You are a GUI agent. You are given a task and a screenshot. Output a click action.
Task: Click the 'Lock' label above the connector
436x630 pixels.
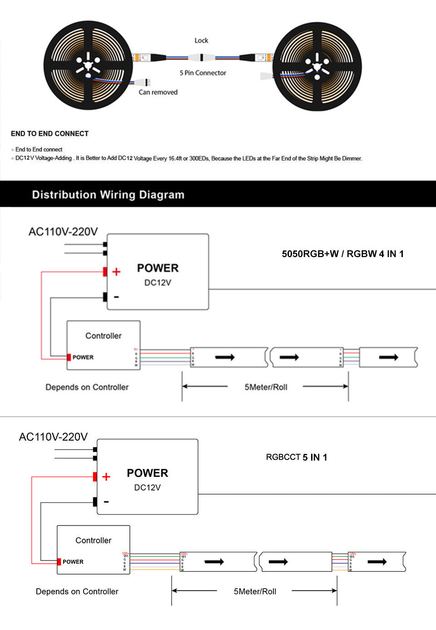(x=201, y=40)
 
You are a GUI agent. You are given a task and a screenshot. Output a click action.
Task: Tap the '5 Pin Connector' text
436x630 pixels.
(x=203, y=73)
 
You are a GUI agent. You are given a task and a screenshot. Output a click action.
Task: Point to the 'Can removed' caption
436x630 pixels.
(x=158, y=92)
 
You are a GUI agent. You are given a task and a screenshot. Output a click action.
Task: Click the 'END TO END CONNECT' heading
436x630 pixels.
(x=50, y=134)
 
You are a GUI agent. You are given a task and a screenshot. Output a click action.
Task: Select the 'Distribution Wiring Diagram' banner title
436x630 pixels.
(x=108, y=195)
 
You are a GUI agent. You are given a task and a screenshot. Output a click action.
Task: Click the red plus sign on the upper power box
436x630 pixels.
(x=116, y=272)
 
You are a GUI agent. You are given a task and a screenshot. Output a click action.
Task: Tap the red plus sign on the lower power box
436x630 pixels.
(x=106, y=476)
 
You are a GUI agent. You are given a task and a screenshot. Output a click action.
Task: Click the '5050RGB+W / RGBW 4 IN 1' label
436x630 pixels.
(x=342, y=254)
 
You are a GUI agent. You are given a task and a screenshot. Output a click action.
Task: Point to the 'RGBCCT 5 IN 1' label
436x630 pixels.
(x=297, y=457)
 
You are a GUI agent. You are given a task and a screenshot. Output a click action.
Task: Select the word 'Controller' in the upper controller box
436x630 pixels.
(x=104, y=336)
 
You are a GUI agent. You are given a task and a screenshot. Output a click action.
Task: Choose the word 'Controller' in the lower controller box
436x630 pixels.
(x=94, y=540)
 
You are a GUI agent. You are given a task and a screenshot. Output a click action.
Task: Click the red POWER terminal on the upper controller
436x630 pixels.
(x=69, y=357)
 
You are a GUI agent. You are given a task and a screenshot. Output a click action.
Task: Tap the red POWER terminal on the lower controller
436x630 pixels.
(x=59, y=562)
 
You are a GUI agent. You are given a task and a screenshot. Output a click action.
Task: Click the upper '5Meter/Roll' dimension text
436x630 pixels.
(x=266, y=387)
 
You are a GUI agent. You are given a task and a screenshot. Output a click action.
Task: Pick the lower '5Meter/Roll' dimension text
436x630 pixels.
(x=255, y=591)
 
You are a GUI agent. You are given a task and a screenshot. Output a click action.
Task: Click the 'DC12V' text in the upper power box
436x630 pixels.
(x=158, y=283)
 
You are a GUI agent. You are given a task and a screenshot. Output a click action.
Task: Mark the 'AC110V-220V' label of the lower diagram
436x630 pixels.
(x=53, y=437)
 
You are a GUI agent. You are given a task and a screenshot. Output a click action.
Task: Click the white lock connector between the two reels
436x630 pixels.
(x=201, y=58)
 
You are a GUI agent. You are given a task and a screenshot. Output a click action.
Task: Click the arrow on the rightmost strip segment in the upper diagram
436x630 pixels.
(x=388, y=357)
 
